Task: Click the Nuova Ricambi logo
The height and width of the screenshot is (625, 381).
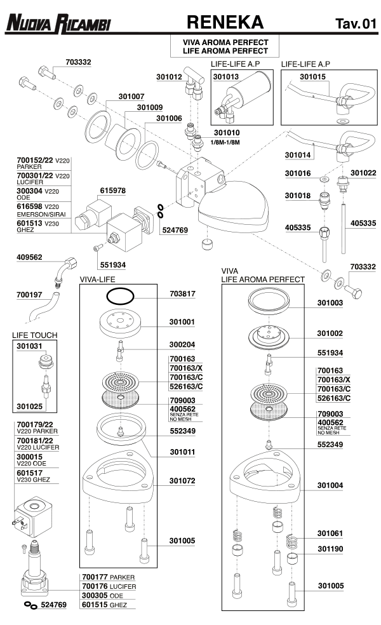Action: pyautogui.click(x=58, y=24)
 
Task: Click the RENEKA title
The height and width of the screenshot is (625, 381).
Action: pyautogui.click(x=225, y=23)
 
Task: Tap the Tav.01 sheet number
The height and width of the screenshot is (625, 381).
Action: pyautogui.click(x=356, y=24)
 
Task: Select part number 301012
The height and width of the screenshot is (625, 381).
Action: pyautogui.click(x=170, y=77)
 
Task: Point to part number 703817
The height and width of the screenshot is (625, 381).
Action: pyautogui.click(x=182, y=294)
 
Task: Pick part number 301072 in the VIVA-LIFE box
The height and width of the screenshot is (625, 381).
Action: pyautogui.click(x=182, y=481)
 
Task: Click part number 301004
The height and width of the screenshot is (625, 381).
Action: pyautogui.click(x=330, y=485)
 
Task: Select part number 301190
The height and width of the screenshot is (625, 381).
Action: pyautogui.click(x=330, y=549)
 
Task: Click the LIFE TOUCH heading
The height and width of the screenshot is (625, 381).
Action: pyautogui.click(x=35, y=335)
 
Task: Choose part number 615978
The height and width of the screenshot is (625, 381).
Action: pyautogui.click(x=113, y=191)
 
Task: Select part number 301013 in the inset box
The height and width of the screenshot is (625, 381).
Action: pyautogui.click(x=225, y=77)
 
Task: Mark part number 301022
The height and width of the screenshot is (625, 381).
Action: pyautogui.click(x=364, y=173)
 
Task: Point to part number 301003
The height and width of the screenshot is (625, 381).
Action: pyautogui.click(x=330, y=303)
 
